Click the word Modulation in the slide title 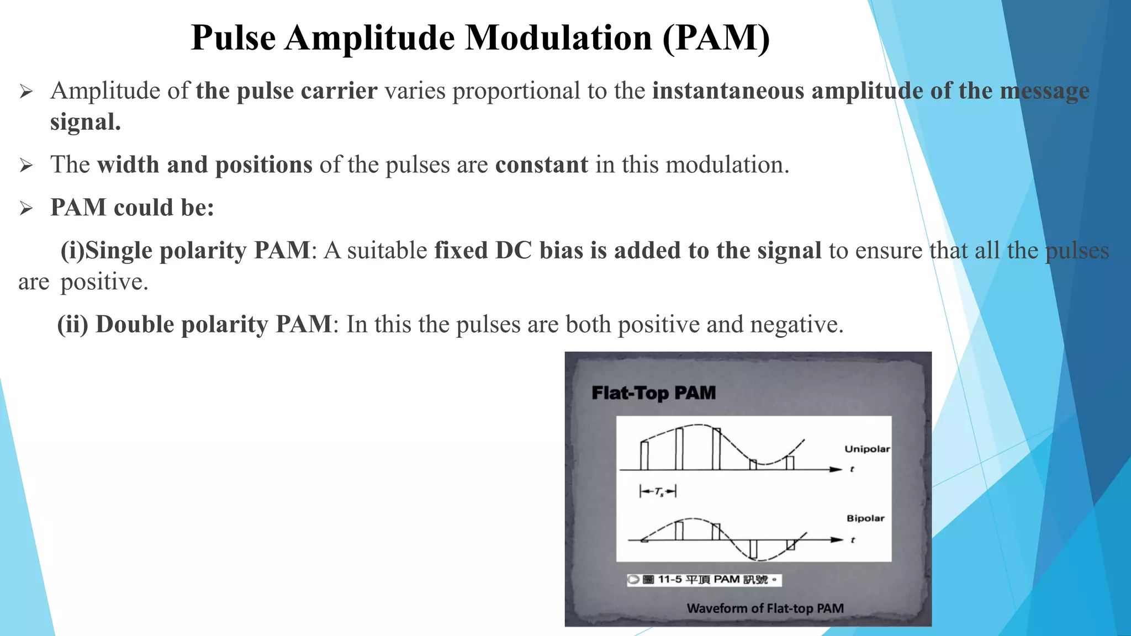pos(559,38)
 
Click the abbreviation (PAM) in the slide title pos(716,38)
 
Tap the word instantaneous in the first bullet pos(728,91)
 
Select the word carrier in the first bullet pos(339,91)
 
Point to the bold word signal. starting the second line pos(85,122)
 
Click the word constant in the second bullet pos(542,165)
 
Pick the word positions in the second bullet pos(264,165)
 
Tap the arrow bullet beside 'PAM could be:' pos(26,209)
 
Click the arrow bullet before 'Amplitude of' pos(26,92)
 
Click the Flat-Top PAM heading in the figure pos(653,393)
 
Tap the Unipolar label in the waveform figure pos(866,449)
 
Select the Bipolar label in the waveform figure pos(865,518)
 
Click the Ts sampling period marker pos(658,491)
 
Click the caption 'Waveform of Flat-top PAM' pos(765,608)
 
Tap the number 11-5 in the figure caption pos(670,579)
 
